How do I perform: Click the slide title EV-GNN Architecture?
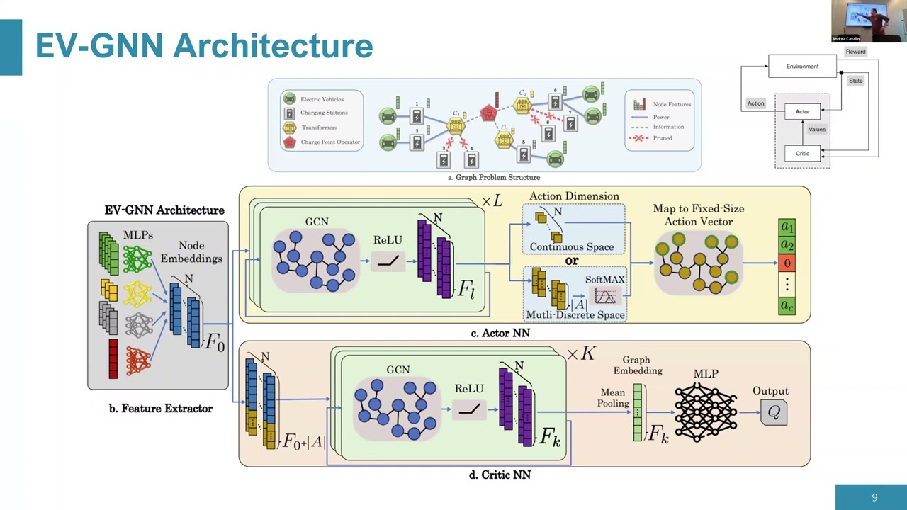pyautogui.click(x=204, y=45)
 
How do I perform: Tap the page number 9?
pyautogui.click(x=874, y=497)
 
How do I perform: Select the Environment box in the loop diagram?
pyautogui.click(x=802, y=67)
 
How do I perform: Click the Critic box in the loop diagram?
pyautogui.click(x=802, y=153)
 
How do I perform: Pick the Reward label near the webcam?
pyautogui.click(x=855, y=52)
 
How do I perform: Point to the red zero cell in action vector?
pyautogui.click(x=787, y=263)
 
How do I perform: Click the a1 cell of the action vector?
pyautogui.click(x=787, y=227)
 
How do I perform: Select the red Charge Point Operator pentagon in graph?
pyautogui.click(x=488, y=113)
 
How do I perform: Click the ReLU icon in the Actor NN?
pyautogui.click(x=388, y=261)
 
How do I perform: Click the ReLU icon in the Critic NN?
pyautogui.click(x=469, y=409)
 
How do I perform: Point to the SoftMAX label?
pyautogui.click(x=604, y=280)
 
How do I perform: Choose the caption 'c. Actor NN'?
pyautogui.click(x=500, y=333)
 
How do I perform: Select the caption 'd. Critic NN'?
pyautogui.click(x=500, y=475)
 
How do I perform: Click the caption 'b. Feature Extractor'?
pyautogui.click(x=160, y=408)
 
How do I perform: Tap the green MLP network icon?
pyautogui.click(x=137, y=259)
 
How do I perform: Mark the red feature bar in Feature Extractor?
pyautogui.click(x=113, y=358)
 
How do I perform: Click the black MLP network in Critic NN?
pyautogui.click(x=705, y=412)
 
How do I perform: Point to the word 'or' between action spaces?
pyautogui.click(x=572, y=261)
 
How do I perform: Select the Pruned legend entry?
pyautogui.click(x=662, y=138)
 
